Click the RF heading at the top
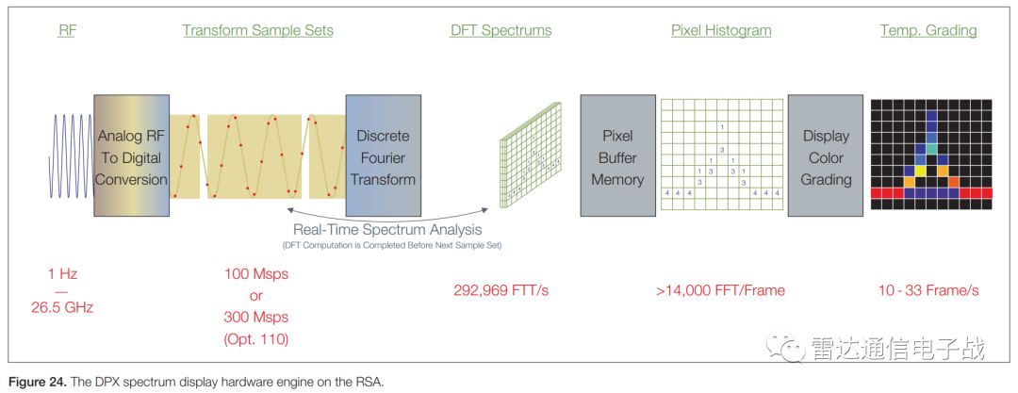(x=67, y=30)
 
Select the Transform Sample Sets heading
(x=257, y=30)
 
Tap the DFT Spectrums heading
(x=501, y=30)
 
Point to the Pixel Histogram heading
(x=721, y=30)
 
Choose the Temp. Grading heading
(x=928, y=30)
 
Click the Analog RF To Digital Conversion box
(x=131, y=156)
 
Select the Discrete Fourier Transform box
(x=383, y=156)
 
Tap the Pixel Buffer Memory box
(x=617, y=156)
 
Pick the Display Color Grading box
(x=826, y=156)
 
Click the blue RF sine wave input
(x=72, y=156)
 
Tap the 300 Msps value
(x=256, y=317)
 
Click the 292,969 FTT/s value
(x=501, y=290)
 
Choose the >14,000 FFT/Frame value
(x=721, y=290)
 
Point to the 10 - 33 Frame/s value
(x=928, y=290)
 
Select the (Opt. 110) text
(x=256, y=337)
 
